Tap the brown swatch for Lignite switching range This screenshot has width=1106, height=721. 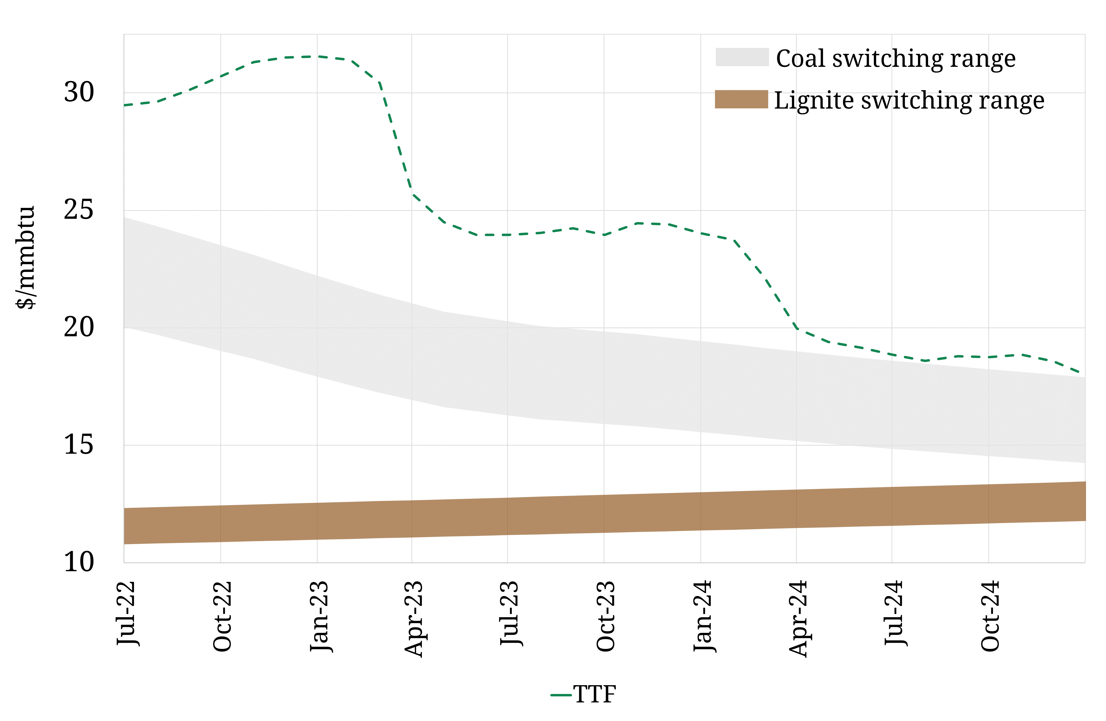pyautogui.click(x=741, y=99)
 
